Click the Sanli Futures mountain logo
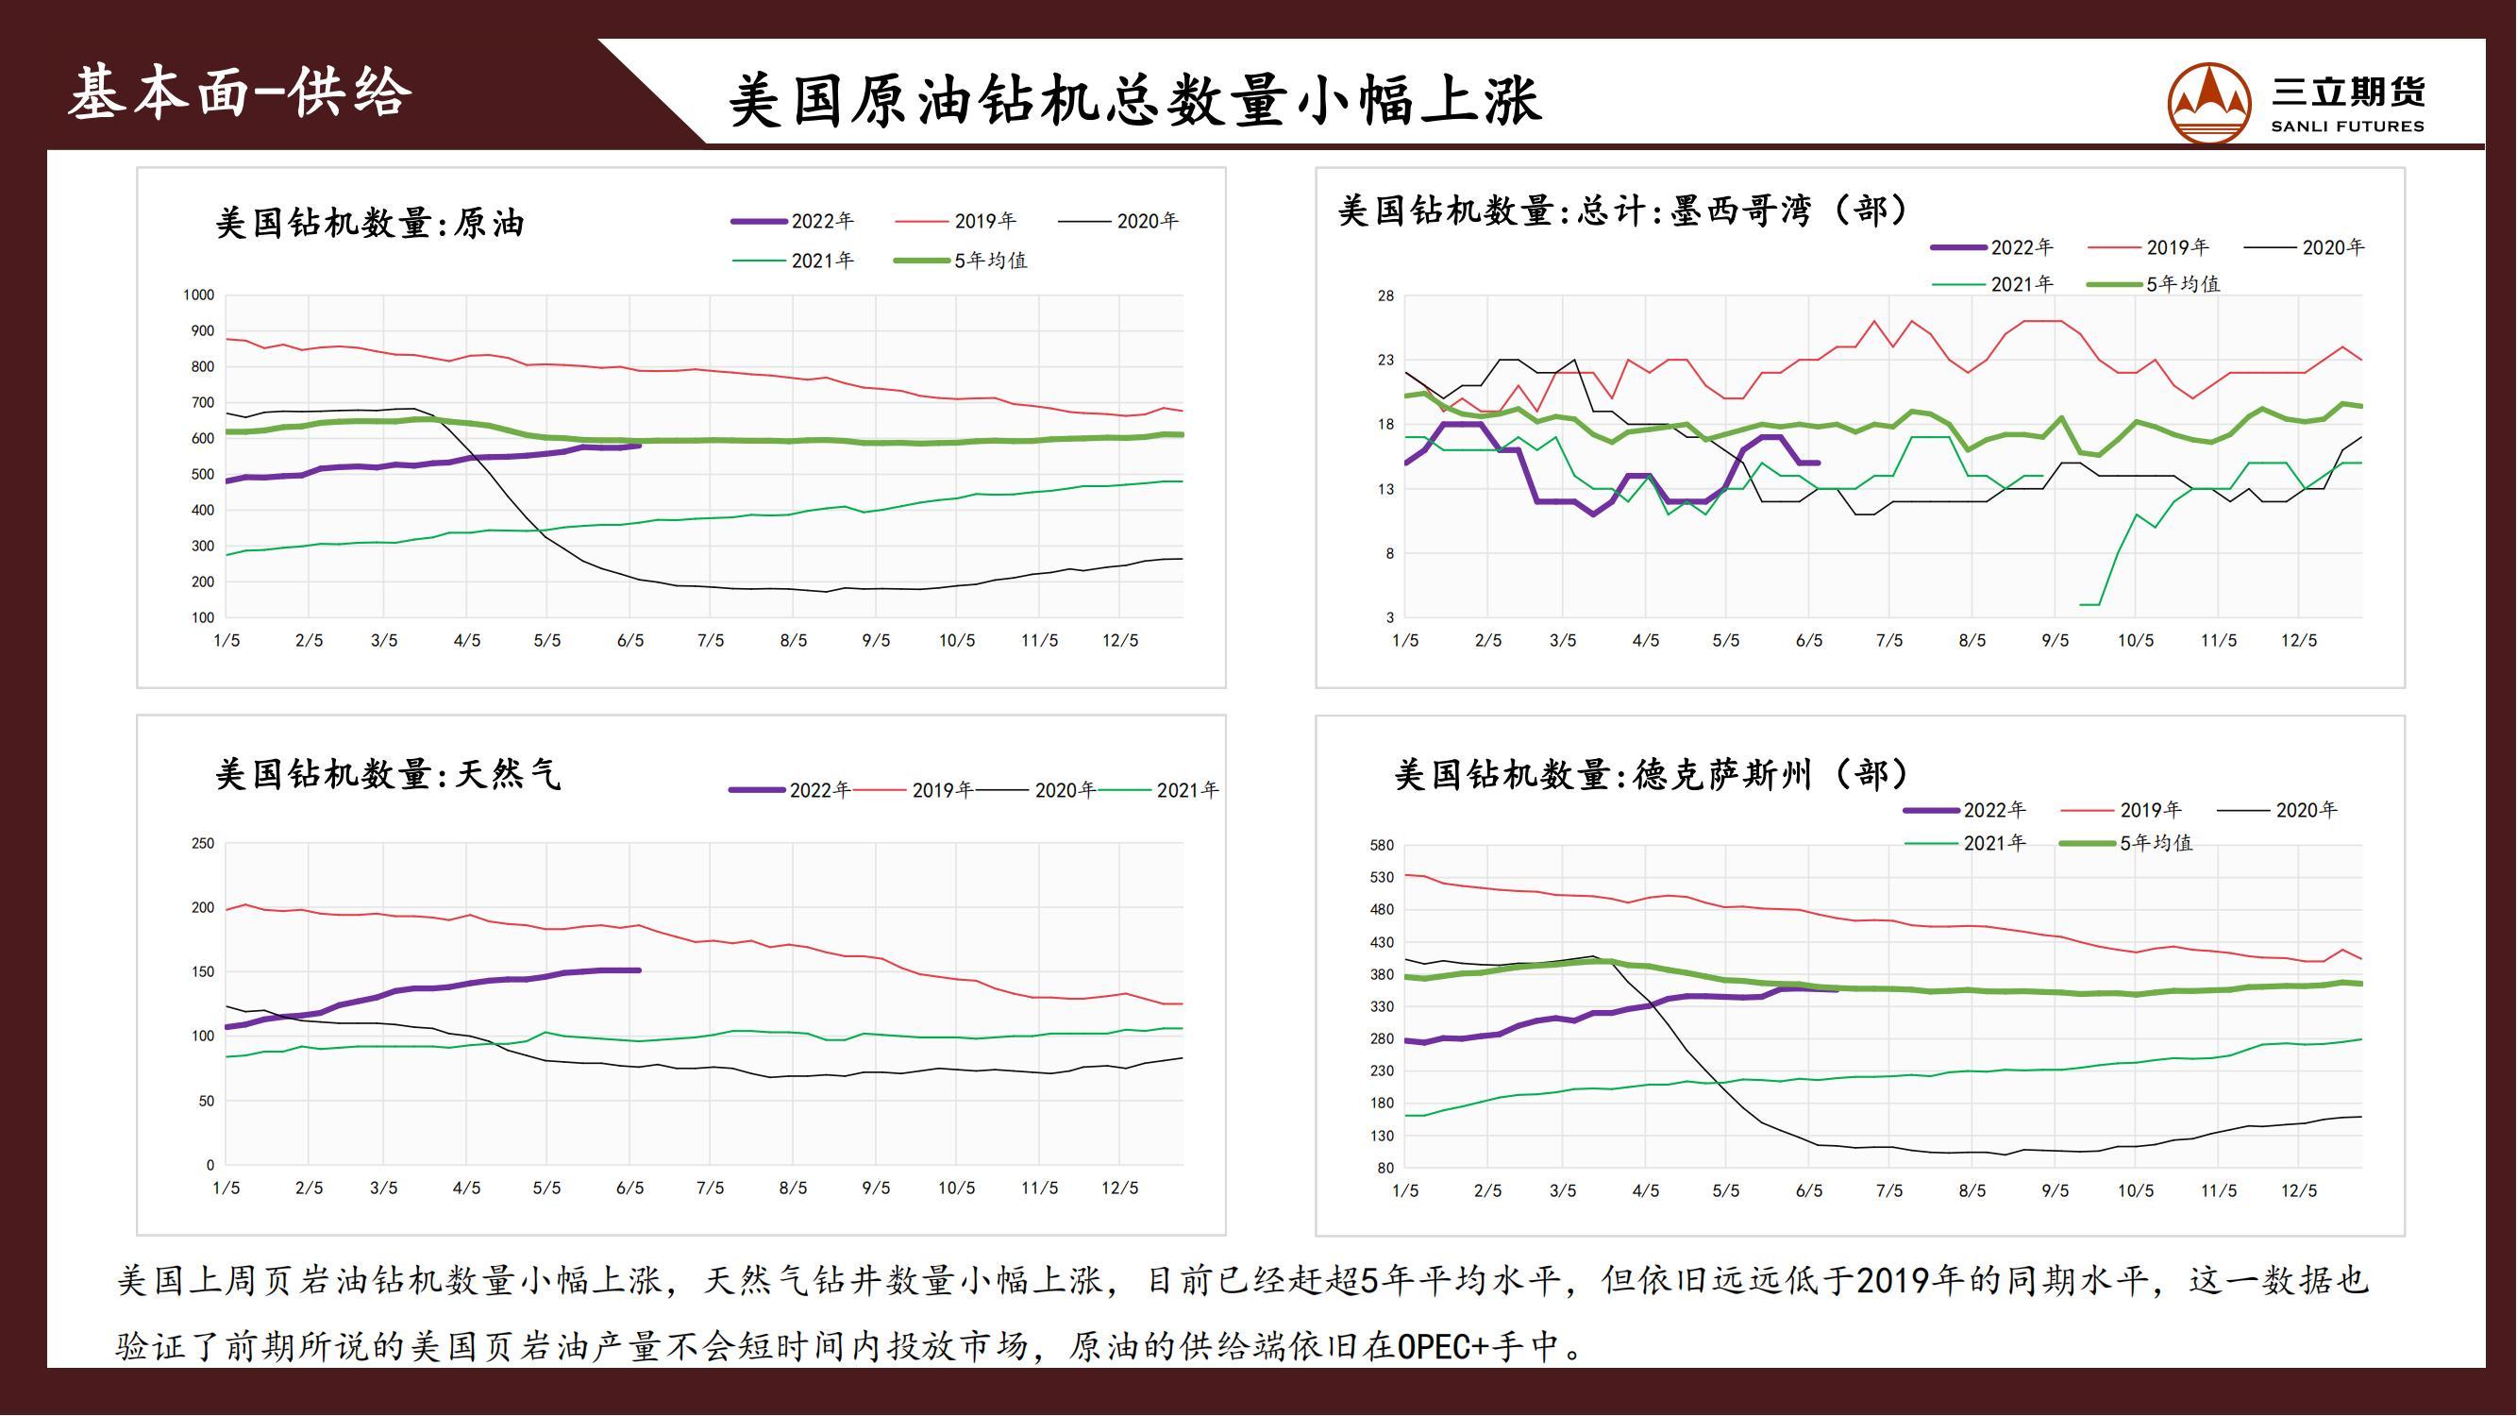(2209, 103)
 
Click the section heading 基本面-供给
(240, 93)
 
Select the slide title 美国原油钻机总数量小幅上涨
(1134, 100)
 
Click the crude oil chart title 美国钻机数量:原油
(369, 223)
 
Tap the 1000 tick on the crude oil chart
(198, 295)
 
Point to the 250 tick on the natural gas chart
(202, 843)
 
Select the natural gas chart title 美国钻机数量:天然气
(388, 774)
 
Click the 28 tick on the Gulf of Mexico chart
(1385, 296)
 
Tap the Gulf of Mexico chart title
(1622, 211)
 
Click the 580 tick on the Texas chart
(1382, 845)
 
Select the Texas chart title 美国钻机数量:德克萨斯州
(1651, 774)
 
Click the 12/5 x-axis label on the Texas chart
(2298, 1190)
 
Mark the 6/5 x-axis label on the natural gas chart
(630, 1188)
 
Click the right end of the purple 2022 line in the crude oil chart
(638, 446)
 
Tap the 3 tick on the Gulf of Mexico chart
(1389, 617)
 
